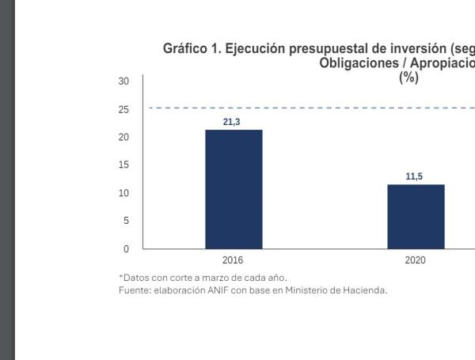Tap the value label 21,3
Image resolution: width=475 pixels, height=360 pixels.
click(234, 123)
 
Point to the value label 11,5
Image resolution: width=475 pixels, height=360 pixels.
click(414, 177)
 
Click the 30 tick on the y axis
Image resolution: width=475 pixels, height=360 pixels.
click(123, 81)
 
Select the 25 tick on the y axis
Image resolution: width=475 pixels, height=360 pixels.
click(123, 109)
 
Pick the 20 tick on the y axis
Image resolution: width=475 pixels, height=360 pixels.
click(123, 137)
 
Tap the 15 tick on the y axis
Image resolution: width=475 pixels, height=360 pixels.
click(123, 165)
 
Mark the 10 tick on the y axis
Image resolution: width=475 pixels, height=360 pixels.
click(123, 193)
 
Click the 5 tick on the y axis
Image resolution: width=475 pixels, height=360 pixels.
click(125, 222)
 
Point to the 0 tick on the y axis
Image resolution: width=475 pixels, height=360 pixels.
click(125, 249)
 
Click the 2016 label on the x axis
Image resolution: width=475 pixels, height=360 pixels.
click(234, 259)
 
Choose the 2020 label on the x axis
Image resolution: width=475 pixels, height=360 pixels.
click(415, 259)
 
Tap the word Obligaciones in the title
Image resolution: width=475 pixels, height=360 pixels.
click(354, 63)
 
